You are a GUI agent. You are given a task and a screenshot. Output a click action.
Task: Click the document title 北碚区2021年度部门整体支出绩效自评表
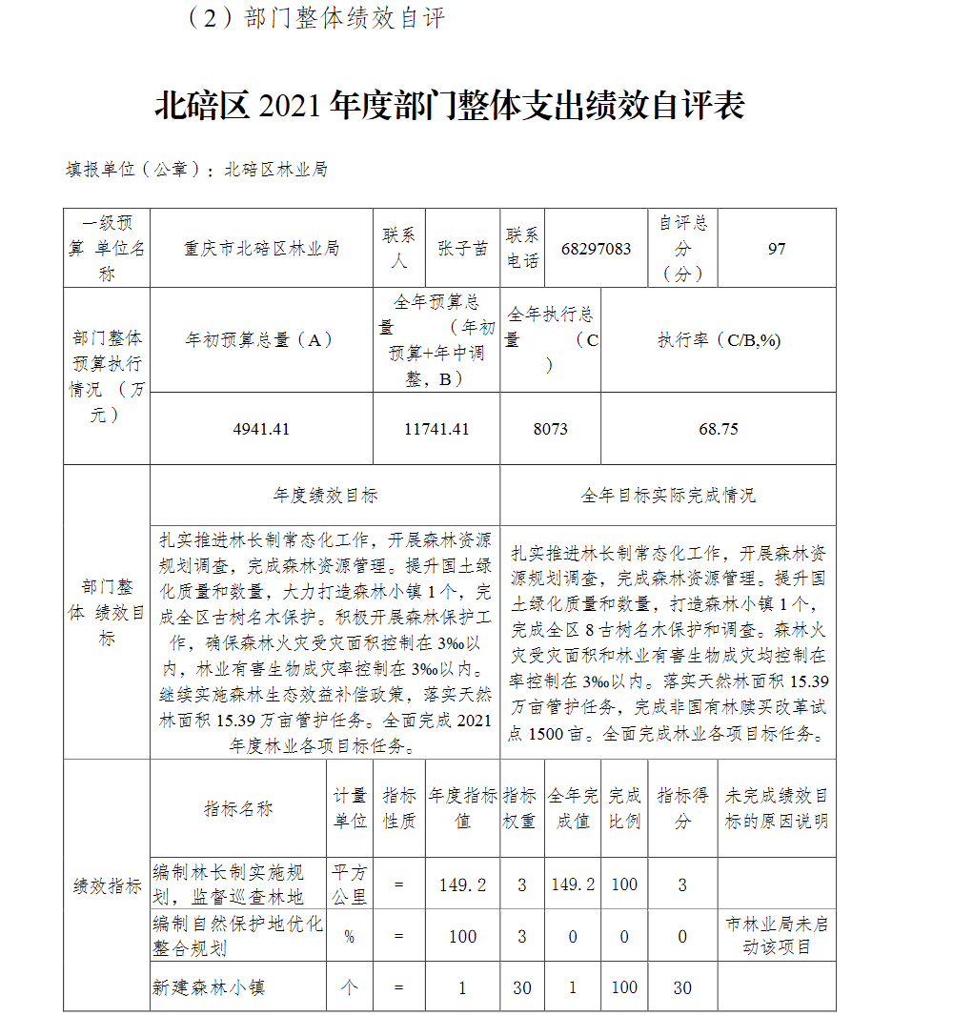[x=449, y=106]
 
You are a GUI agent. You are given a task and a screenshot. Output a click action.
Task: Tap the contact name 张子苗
[x=462, y=249]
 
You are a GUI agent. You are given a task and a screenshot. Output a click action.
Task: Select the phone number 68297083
[x=597, y=249]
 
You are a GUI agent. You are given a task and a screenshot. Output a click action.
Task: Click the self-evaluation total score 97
[x=777, y=249]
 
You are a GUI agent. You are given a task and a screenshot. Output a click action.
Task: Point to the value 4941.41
[x=261, y=429]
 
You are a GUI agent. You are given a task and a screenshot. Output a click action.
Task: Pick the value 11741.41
[x=436, y=429]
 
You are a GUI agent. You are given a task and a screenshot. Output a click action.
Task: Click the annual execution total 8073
[x=550, y=429]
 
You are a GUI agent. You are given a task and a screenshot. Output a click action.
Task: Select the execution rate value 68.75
[x=718, y=429]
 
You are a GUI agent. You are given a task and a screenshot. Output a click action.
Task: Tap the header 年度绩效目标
[x=325, y=496]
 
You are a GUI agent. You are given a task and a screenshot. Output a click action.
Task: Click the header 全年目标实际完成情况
[x=668, y=496]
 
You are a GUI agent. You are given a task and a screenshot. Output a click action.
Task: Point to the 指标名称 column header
[x=238, y=808]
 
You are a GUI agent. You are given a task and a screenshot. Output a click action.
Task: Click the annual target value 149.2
[x=462, y=884]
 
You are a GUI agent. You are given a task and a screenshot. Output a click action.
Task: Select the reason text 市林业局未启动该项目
[x=777, y=936]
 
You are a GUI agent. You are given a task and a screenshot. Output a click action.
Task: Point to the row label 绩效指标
[x=107, y=885]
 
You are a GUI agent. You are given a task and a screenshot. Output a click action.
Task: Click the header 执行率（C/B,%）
[x=718, y=340]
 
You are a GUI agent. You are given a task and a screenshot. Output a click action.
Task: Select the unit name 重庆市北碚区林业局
[x=261, y=249]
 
